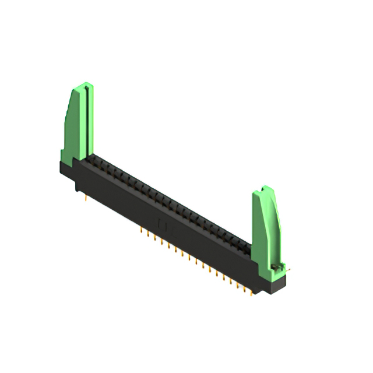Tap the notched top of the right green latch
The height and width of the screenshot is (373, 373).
[266, 189]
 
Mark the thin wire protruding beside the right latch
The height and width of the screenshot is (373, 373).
[287, 270]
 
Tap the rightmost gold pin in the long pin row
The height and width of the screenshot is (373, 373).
[252, 292]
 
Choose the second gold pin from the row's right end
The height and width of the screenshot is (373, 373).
[245, 288]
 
